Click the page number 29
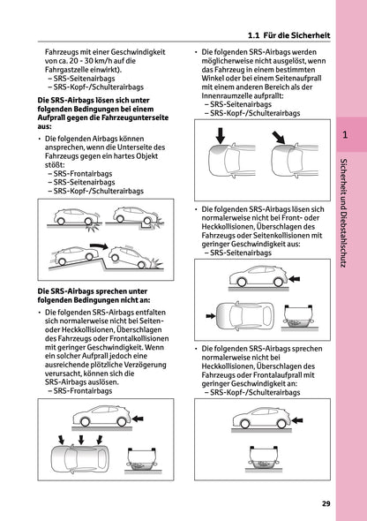pyautogui.click(x=326, y=504)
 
